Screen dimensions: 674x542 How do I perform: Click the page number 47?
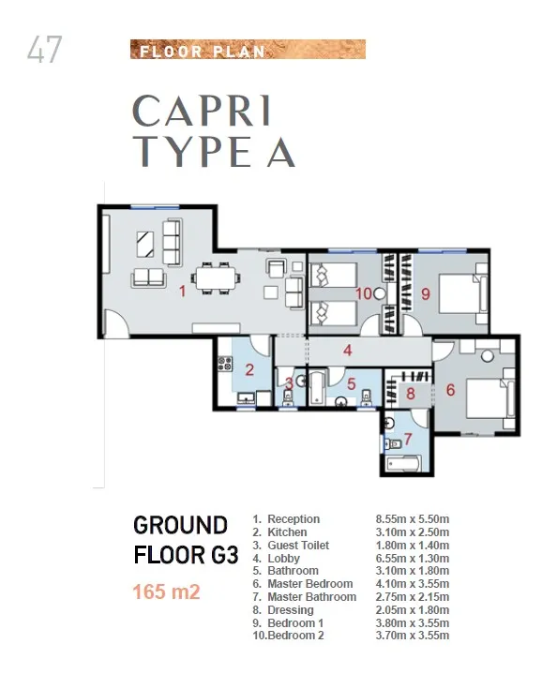tap(44, 50)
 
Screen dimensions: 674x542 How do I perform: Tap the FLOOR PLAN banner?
tap(247, 50)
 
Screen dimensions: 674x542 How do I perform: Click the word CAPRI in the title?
tap(203, 112)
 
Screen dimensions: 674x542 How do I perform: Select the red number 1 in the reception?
tap(183, 292)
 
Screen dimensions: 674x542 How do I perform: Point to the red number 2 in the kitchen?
tap(249, 369)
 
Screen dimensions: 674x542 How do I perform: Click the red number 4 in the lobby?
tap(347, 352)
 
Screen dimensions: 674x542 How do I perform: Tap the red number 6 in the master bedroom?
tap(450, 390)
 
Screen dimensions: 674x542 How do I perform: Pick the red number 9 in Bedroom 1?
tap(425, 293)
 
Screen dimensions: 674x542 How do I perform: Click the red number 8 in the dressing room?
tap(410, 394)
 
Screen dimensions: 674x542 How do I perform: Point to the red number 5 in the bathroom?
tap(351, 382)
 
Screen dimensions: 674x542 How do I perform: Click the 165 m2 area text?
tap(166, 592)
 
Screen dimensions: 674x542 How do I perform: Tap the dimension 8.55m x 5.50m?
tap(413, 519)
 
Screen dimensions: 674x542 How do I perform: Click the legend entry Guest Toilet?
tap(298, 546)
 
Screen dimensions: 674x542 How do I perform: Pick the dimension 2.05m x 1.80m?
tap(413, 610)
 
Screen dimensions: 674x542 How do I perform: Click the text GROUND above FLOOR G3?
tap(180, 524)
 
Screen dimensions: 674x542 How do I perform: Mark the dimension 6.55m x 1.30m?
tap(413, 559)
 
